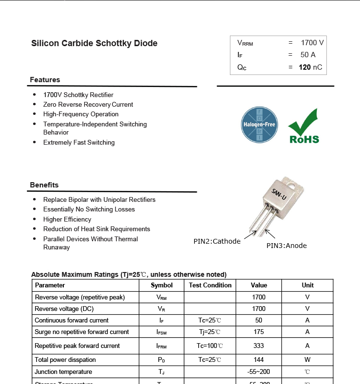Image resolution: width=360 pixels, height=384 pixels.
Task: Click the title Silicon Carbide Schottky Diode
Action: tap(94, 43)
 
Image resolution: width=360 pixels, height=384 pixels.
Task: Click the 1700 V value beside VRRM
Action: tap(312, 43)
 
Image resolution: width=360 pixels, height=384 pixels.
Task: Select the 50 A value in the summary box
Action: tap(308, 55)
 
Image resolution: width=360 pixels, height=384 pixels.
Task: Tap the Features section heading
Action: tap(45, 80)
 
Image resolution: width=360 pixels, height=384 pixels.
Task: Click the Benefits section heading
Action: tap(44, 185)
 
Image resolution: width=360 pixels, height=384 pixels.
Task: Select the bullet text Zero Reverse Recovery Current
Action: tap(88, 104)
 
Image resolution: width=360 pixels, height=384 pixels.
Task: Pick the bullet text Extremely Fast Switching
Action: tap(79, 142)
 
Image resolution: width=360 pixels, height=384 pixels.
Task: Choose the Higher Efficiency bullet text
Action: tap(67, 219)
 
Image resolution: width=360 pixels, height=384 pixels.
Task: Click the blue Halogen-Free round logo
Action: tap(259, 125)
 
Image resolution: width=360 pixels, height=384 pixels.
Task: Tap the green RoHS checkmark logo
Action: tap(303, 126)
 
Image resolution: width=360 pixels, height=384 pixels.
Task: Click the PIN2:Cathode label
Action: tap(217, 241)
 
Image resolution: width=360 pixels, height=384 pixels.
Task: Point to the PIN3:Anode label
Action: tap(287, 246)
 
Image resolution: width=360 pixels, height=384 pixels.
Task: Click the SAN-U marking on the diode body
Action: tap(279, 195)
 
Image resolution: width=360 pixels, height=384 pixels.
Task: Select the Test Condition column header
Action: tap(210, 285)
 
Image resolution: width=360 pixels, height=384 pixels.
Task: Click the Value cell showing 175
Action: tap(259, 332)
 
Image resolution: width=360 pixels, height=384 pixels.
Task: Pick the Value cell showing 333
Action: tap(259, 346)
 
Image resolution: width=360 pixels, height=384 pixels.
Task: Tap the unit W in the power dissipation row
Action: tap(307, 359)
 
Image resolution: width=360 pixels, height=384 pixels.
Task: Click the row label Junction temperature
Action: tap(63, 372)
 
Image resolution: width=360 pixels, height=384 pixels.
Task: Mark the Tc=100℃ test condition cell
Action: tap(210, 346)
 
